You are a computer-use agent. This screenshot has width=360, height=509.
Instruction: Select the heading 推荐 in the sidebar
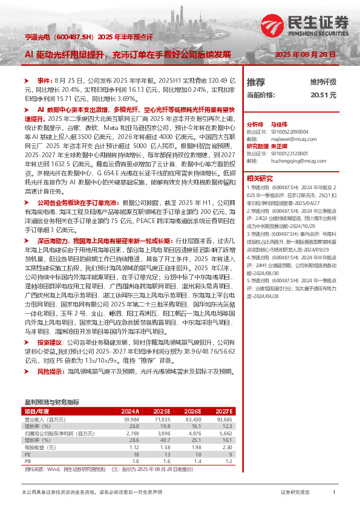coord(256,82)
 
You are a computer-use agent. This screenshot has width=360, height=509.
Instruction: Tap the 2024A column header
coord(130,410)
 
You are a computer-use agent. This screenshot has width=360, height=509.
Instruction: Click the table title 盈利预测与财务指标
coord(52,402)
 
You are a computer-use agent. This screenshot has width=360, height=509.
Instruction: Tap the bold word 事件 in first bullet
coord(44,80)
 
